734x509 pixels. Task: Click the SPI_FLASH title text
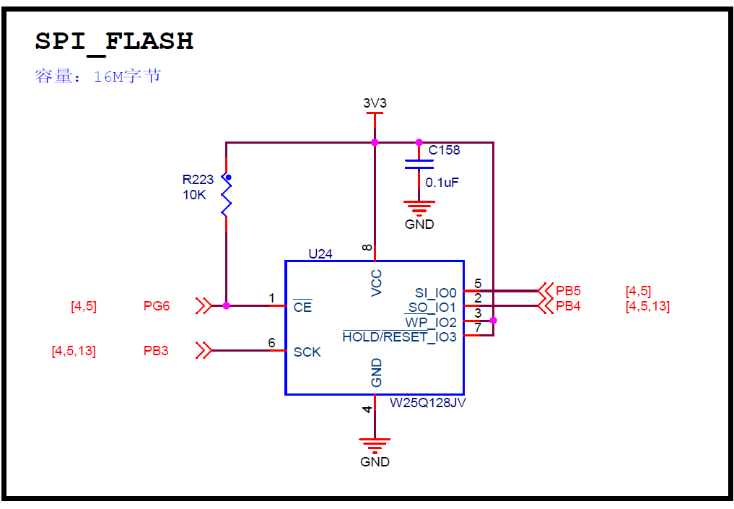pos(114,41)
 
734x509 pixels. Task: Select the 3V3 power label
pos(375,103)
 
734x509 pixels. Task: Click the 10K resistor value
pos(194,195)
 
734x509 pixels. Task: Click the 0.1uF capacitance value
pos(442,183)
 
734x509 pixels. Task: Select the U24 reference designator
pos(320,253)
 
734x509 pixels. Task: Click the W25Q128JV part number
pos(428,403)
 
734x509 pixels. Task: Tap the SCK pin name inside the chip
pos(307,352)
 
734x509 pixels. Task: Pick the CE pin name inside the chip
pos(302,307)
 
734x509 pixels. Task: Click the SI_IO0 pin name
pos(435,292)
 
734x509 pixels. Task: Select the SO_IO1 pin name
pos(432,308)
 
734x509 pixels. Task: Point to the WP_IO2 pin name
pos(431,322)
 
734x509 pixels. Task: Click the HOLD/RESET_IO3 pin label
pos(399,337)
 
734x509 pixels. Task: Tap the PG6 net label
pos(157,306)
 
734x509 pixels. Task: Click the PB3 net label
pos(156,351)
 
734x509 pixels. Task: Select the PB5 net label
pos(568,291)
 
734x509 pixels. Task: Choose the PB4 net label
pos(568,306)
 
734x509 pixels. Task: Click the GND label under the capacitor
pos(419,225)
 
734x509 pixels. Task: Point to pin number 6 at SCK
pos(271,342)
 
